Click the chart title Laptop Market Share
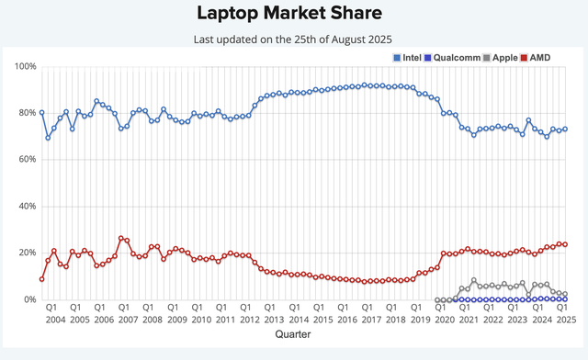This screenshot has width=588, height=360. [293, 14]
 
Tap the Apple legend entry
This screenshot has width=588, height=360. [506, 57]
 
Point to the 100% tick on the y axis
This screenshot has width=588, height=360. [24, 67]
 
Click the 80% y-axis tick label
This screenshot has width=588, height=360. [26, 114]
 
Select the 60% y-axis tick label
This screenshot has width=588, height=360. [26, 160]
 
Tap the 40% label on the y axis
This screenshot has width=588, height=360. [26, 207]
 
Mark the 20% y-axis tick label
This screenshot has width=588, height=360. [26, 253]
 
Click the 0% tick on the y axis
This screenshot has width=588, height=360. [28, 299]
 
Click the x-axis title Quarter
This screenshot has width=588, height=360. [293, 335]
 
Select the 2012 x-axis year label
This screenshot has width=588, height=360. [249, 320]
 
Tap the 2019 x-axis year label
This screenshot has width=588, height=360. [418, 320]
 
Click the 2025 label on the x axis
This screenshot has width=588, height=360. [563, 320]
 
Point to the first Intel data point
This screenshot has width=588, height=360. [42, 113]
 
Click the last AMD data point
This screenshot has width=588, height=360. [564, 244]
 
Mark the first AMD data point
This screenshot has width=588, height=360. [42, 279]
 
